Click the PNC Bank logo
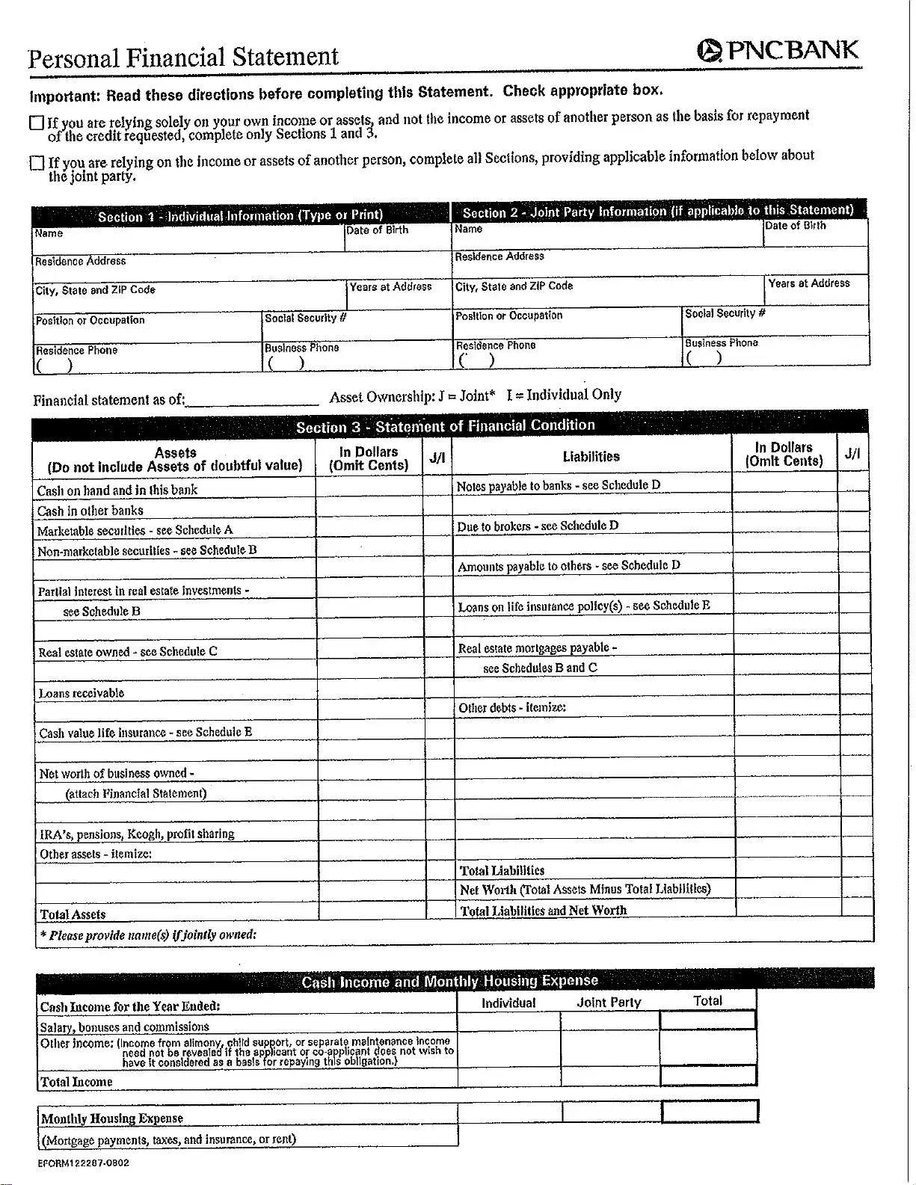click(x=778, y=50)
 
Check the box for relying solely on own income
click(x=36, y=123)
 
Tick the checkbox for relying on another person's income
click(x=37, y=163)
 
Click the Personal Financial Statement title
click(x=183, y=58)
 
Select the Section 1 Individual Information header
click(x=240, y=215)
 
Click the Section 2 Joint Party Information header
click(x=658, y=211)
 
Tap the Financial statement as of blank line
click(x=252, y=400)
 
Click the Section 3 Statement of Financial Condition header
click(x=446, y=426)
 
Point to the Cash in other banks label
click(x=90, y=511)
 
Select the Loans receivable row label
click(x=82, y=693)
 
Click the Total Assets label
click(x=73, y=914)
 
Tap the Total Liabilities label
click(x=502, y=870)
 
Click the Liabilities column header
click(x=591, y=456)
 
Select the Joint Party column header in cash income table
click(x=609, y=1003)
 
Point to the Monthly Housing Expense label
click(x=111, y=1118)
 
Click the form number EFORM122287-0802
click(x=84, y=1163)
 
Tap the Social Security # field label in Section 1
click(x=306, y=318)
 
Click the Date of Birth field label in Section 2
click(x=796, y=226)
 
